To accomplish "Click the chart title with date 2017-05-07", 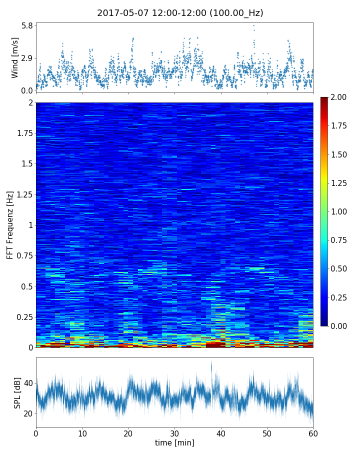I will (x=180, y=13).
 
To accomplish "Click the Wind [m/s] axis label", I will (x=15, y=57).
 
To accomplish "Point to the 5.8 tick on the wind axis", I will (x=27, y=25).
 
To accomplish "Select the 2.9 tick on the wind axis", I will (x=27, y=58).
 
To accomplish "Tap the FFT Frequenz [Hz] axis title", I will (x=10, y=225).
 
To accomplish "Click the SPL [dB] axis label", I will (x=17, y=392).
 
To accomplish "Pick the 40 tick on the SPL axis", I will (x=27, y=383).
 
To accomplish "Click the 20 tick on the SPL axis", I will (x=27, y=413).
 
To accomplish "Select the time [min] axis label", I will (x=174, y=442).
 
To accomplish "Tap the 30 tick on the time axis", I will (x=174, y=432).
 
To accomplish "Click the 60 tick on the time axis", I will (x=313, y=432).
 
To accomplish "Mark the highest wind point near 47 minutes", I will (x=253, y=25).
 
